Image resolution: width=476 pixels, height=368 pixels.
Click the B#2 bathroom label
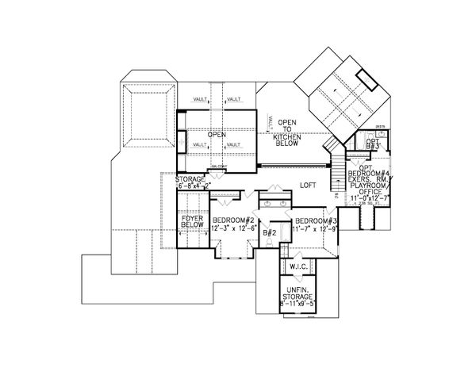269,232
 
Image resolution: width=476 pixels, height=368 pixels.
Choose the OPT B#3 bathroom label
373,145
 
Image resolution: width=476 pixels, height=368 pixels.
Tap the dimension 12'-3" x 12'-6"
228,228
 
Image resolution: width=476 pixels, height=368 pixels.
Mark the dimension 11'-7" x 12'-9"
317,229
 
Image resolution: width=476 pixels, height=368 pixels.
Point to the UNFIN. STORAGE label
299,293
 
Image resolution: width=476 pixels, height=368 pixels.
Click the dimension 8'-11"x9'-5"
299,304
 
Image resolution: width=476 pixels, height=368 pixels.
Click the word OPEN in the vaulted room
217,135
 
